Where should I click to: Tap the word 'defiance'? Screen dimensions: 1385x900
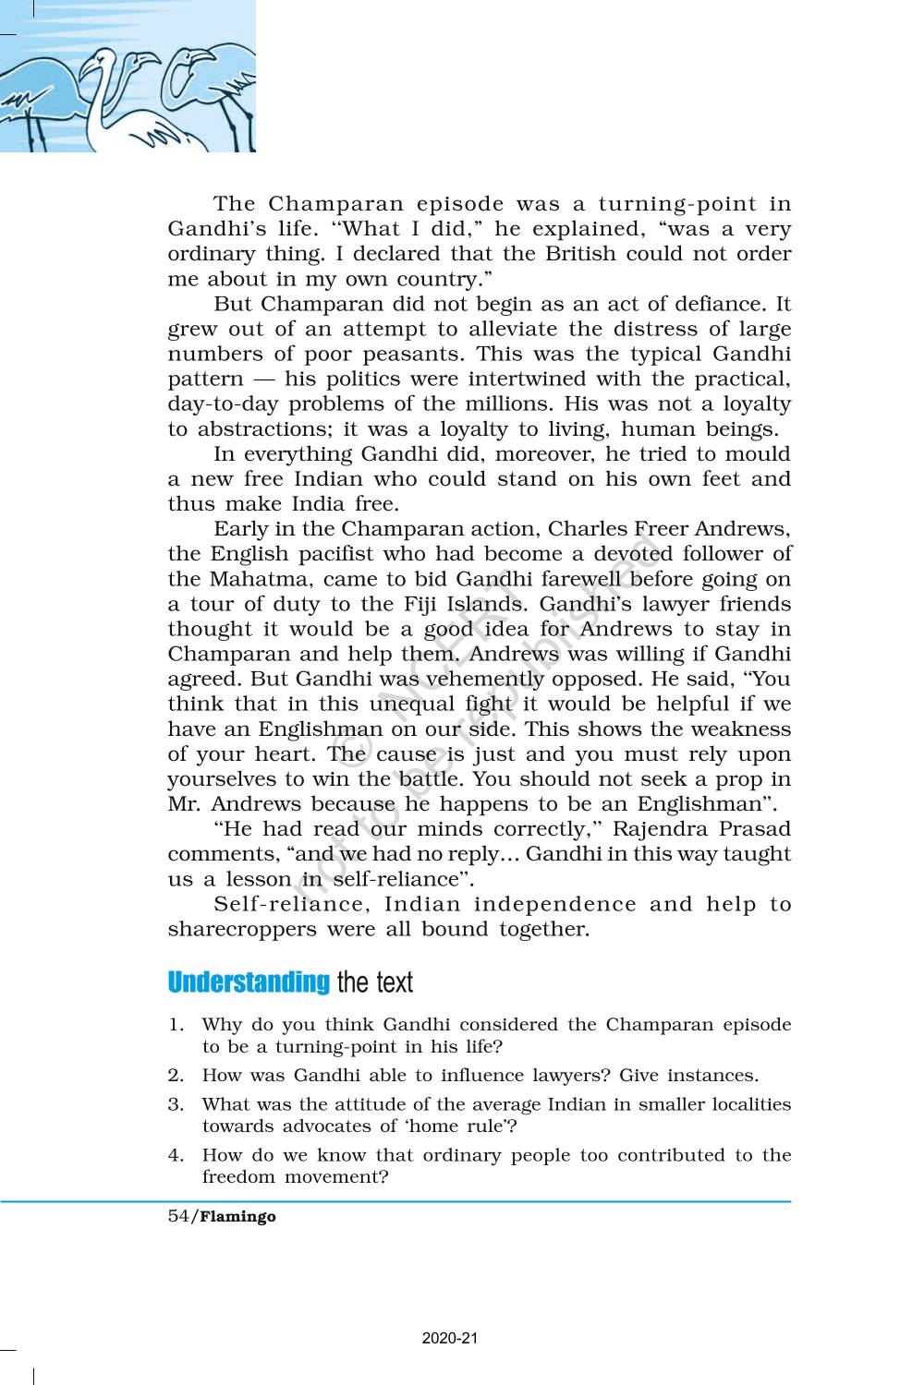721,304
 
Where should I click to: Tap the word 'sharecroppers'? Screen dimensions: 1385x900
242,929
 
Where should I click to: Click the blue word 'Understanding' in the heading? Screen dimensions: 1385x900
249,982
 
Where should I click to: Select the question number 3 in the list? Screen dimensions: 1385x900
175,1104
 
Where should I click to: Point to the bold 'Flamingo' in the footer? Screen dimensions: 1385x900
238,1217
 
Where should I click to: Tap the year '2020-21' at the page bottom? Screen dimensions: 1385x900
450,1338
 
